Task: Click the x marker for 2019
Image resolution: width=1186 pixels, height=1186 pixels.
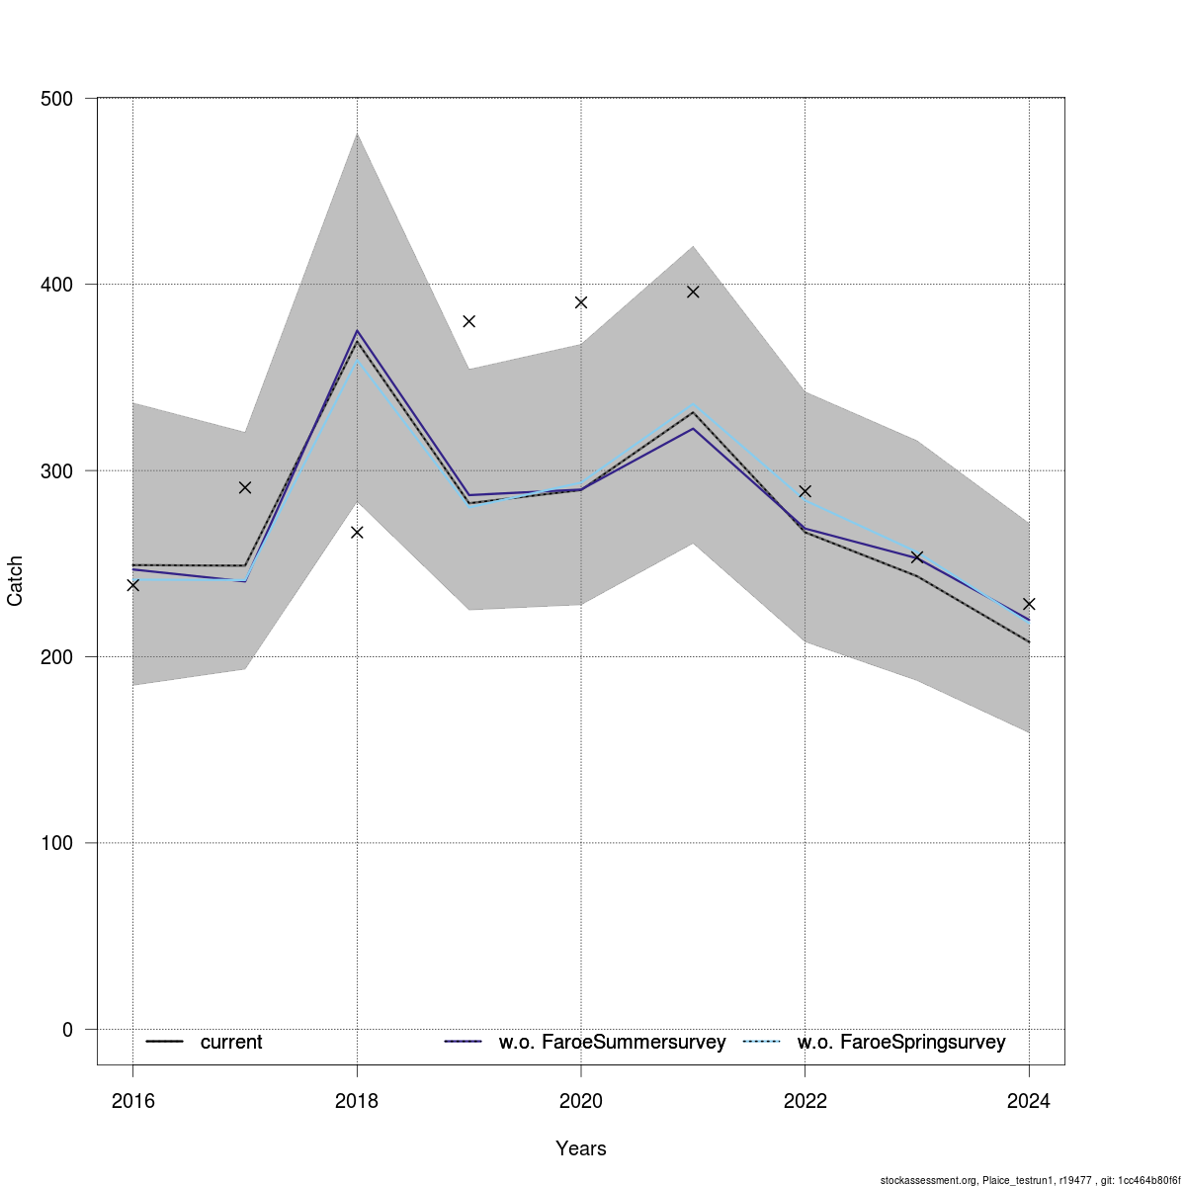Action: coord(469,321)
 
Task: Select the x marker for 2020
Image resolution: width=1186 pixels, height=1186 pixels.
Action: coord(581,302)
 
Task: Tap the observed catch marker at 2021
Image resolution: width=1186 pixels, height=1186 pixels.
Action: coord(693,292)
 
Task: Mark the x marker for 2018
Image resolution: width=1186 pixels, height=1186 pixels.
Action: coord(357,532)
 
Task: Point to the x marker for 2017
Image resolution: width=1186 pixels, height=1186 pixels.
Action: coord(245,487)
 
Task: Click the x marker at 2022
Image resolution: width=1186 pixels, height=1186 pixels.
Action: coord(805,491)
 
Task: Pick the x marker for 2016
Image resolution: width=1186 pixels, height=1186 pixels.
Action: coord(133,585)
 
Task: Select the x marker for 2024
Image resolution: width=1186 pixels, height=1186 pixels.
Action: coord(1029,604)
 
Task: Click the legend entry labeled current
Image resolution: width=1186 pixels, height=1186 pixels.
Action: coord(230,1042)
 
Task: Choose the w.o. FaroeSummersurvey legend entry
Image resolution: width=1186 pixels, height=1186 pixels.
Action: coord(612,1042)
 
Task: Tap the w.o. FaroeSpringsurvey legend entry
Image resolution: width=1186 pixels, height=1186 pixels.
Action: coord(900,1042)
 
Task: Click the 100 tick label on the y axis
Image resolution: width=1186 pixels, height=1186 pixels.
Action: coord(60,843)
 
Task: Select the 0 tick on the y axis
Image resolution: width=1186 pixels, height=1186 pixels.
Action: coord(67,1029)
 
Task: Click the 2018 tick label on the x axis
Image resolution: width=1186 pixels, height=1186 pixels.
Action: coord(357,1101)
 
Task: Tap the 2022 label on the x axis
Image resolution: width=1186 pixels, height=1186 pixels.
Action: coord(805,1101)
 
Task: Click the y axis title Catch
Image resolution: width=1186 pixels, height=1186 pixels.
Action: coord(16,581)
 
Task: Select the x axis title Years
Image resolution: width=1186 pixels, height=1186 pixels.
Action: coord(581,1148)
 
